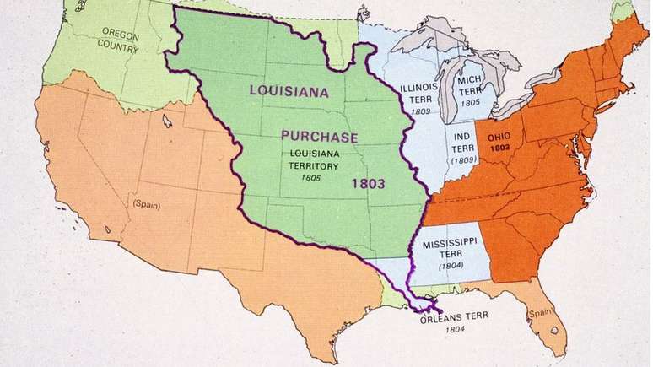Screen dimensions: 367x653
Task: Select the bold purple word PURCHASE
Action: point(320,137)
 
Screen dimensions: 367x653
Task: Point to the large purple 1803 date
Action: point(370,181)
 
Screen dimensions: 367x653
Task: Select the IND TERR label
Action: point(462,144)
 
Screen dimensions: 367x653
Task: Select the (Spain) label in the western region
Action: point(146,204)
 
